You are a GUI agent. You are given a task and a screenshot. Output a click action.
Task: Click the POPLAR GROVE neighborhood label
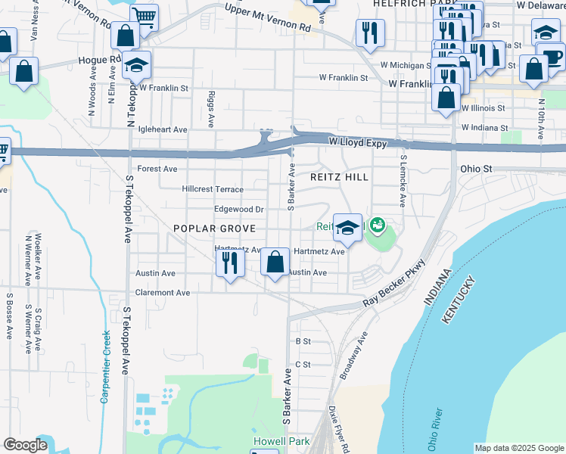(214, 228)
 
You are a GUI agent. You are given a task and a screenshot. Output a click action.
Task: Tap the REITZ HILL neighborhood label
(340, 177)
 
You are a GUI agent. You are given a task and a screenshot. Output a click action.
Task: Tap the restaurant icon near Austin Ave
(228, 263)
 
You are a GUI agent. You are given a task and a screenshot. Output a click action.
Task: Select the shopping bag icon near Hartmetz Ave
(275, 263)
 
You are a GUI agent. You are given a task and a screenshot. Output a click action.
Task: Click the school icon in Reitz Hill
(347, 226)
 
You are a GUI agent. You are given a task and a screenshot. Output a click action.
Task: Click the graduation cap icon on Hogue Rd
(136, 64)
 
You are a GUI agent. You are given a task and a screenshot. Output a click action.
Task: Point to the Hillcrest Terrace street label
(213, 189)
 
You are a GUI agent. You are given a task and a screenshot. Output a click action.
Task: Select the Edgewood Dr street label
(238, 209)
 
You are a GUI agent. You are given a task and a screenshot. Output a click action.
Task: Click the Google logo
(25, 445)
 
